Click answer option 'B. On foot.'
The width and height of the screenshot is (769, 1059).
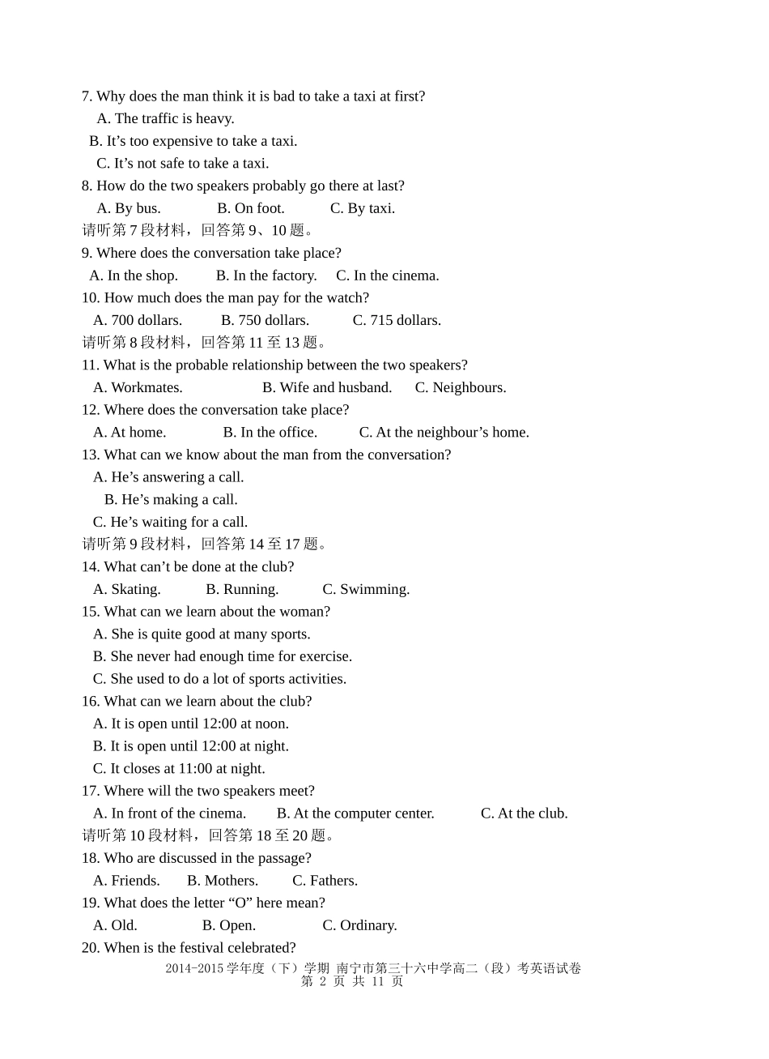click(251, 208)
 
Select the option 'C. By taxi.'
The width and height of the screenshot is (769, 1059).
click(363, 208)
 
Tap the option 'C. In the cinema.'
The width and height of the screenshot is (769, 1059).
click(388, 275)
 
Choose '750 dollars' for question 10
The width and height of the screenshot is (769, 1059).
click(265, 320)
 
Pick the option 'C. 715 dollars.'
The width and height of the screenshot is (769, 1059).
click(397, 320)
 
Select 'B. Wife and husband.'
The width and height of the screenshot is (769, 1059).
click(327, 387)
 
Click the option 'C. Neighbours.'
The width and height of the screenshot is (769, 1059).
click(461, 387)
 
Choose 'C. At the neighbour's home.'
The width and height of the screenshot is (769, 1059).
click(444, 432)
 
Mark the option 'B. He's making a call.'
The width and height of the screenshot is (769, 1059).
click(171, 499)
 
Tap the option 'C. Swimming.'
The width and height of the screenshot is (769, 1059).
click(366, 589)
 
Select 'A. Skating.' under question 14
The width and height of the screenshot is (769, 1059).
click(127, 589)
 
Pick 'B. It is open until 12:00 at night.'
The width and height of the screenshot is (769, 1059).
click(191, 745)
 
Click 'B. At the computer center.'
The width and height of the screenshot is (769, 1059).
click(355, 813)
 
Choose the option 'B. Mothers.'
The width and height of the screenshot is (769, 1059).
click(223, 880)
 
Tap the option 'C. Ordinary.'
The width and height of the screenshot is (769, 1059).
click(359, 925)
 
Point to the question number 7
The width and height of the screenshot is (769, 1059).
click(87, 96)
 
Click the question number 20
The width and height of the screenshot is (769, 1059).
click(89, 948)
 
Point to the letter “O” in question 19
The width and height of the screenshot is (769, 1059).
click(240, 903)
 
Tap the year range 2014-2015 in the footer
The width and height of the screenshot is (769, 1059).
click(194, 968)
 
